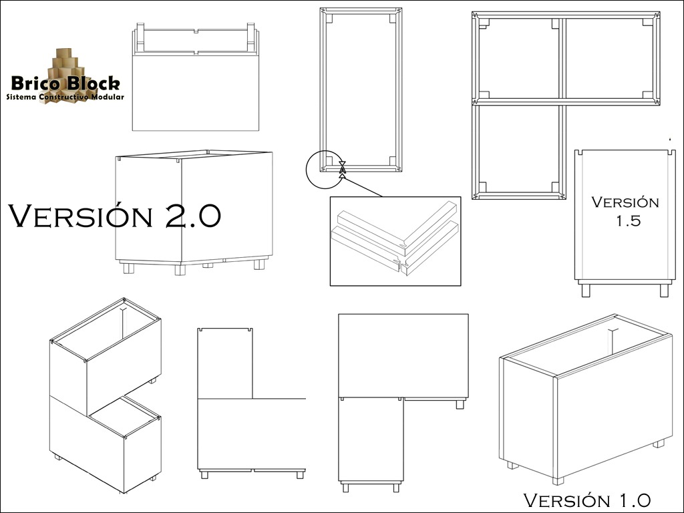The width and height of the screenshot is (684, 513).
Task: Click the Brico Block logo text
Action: pos(65,83)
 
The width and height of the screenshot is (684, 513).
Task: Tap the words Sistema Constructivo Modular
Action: pos(65,97)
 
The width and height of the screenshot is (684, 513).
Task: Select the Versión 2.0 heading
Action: pos(114,215)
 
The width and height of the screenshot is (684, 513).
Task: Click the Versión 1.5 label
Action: pos(625,211)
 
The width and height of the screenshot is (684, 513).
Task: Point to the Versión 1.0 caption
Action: pos(586,500)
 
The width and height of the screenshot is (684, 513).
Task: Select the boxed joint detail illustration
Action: pos(395,241)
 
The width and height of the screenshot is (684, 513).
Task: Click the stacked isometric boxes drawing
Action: pos(105,395)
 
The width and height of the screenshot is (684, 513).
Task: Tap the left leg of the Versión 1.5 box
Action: pos(585,290)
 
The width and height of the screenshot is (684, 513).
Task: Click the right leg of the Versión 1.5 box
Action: pos(664,290)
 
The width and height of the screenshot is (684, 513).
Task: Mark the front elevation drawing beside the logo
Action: pos(196,77)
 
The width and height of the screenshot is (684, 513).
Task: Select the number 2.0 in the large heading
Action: pos(193,216)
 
